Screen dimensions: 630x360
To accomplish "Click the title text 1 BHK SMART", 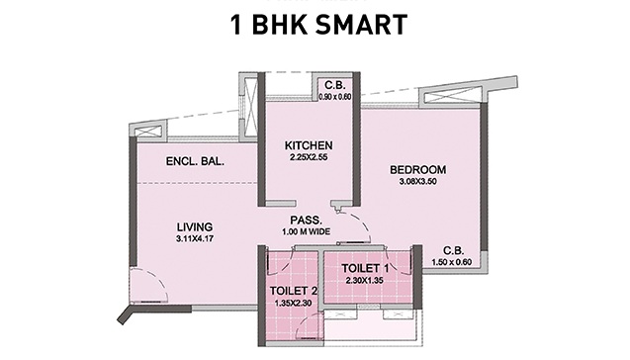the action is pos(319,25).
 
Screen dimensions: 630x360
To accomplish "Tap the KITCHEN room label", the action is pos(309,145).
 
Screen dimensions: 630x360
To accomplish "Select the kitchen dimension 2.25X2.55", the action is pos(309,157).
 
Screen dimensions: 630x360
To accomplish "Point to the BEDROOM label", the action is pos(417,169).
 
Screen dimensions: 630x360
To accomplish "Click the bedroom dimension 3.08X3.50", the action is pos(417,182).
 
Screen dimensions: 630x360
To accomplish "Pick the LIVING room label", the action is pos(195,227).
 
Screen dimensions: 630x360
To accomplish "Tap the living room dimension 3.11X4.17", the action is pos(195,238).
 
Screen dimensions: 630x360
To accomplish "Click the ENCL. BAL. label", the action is pos(195,161).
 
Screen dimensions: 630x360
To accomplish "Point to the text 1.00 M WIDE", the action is pos(307,231).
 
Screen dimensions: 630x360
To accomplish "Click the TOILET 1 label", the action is pos(365,268).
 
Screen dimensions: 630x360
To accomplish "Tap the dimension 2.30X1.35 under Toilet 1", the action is pos(364,280).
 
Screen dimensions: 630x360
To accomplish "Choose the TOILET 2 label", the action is pos(294,291).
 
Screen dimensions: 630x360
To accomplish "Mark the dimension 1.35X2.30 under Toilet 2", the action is pos(294,303).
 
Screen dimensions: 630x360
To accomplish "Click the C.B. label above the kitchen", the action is pos(335,85).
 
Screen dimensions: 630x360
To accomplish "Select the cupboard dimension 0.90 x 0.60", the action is pos(335,97).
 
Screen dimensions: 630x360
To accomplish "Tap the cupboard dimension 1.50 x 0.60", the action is pos(452,262).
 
